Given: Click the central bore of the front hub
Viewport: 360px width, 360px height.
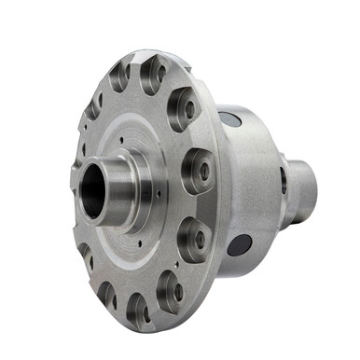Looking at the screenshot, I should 93,190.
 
